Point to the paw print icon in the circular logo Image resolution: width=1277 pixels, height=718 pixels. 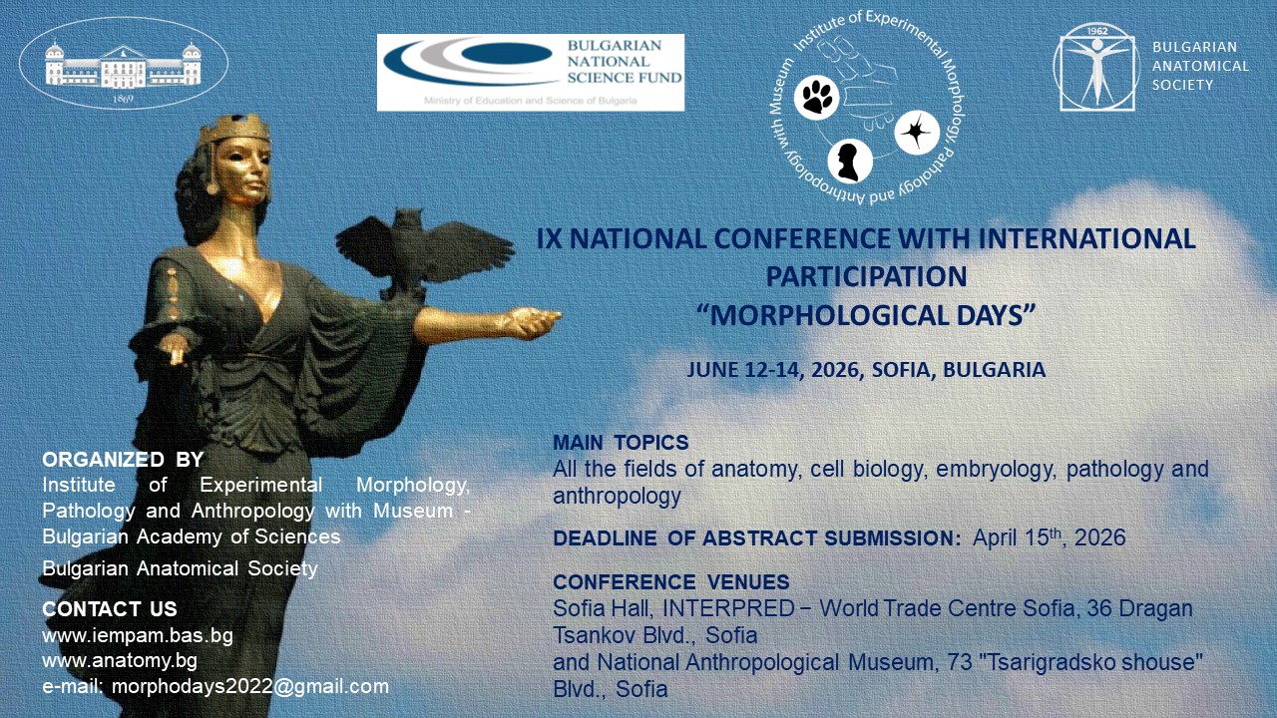817,98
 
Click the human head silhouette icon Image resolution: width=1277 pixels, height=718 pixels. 849,162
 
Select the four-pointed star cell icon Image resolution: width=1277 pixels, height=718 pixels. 917,133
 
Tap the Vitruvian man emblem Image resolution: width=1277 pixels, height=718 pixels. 1097,67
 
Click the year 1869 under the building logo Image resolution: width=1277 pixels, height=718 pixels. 123,99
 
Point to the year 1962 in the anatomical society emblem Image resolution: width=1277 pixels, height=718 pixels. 1097,31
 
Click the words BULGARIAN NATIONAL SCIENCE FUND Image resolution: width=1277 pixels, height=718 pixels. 625,62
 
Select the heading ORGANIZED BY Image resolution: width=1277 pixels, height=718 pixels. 123,460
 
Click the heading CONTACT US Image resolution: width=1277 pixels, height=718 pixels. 110,609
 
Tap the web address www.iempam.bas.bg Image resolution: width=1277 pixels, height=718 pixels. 138,635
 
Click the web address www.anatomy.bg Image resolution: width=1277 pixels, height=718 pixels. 120,661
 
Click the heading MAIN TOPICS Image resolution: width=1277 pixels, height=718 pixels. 621,443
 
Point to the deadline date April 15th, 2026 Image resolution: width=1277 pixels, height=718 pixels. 1049,538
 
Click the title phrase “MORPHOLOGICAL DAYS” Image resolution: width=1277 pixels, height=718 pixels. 866,316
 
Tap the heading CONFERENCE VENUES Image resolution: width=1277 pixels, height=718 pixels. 671,582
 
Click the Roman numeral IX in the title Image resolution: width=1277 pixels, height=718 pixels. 549,238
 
